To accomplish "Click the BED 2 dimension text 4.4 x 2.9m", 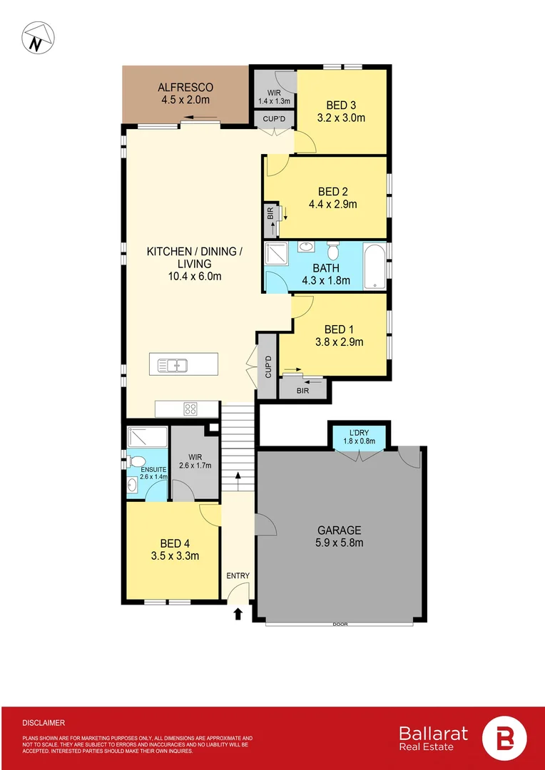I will pyautogui.click(x=332, y=204).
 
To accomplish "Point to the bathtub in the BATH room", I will pyautogui.click(x=375, y=266).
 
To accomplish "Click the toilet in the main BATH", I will pyautogui.click(x=332, y=250).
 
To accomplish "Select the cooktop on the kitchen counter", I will pyautogui.click(x=190, y=409).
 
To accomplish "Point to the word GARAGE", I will pyautogui.click(x=340, y=530).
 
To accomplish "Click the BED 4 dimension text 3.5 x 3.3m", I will pyautogui.click(x=175, y=556).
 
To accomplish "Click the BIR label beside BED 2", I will pyautogui.click(x=270, y=212).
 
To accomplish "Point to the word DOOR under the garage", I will pyautogui.click(x=340, y=625).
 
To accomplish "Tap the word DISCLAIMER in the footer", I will pyautogui.click(x=44, y=722).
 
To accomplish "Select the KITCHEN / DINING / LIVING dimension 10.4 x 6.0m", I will pyautogui.click(x=194, y=276).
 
